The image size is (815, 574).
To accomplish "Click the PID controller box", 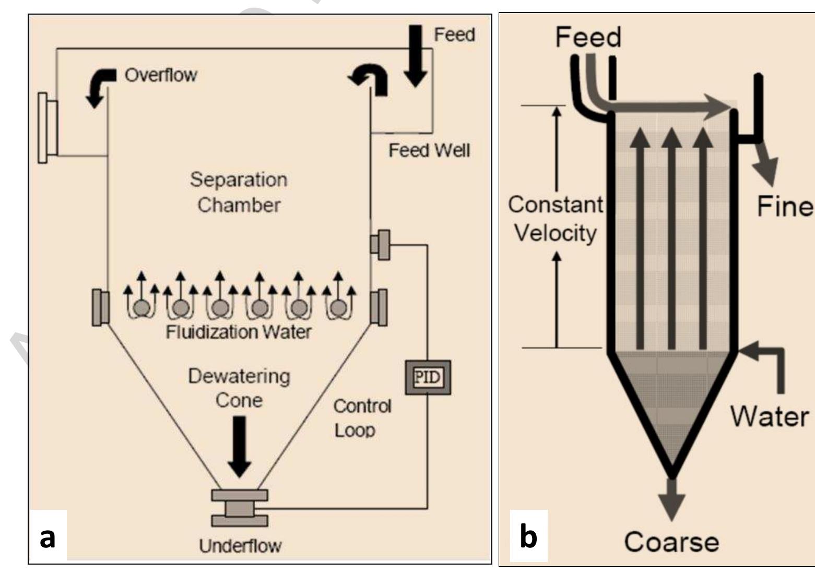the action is point(428,377).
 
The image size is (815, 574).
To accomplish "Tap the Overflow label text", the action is point(161,75).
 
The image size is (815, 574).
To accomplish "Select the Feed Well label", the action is point(429,150).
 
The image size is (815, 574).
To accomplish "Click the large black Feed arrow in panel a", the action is point(415,56).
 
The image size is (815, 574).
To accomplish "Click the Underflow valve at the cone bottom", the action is point(240,508).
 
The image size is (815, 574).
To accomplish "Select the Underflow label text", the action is point(241,546).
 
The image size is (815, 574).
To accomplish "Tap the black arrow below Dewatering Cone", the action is point(239,447).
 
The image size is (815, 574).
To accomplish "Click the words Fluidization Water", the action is point(238,332).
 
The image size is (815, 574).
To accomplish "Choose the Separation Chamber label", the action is point(239,192).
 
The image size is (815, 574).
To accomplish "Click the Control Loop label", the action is point(362,418).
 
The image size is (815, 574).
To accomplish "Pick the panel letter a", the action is point(48,537).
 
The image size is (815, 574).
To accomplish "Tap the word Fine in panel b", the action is point(785,206).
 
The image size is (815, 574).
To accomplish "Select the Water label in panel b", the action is point(770,416).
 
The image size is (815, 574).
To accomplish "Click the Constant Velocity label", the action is point(556,219).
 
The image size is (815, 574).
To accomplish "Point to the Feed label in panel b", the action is point(588,37).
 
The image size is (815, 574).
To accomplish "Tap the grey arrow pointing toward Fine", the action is point(765,164).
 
